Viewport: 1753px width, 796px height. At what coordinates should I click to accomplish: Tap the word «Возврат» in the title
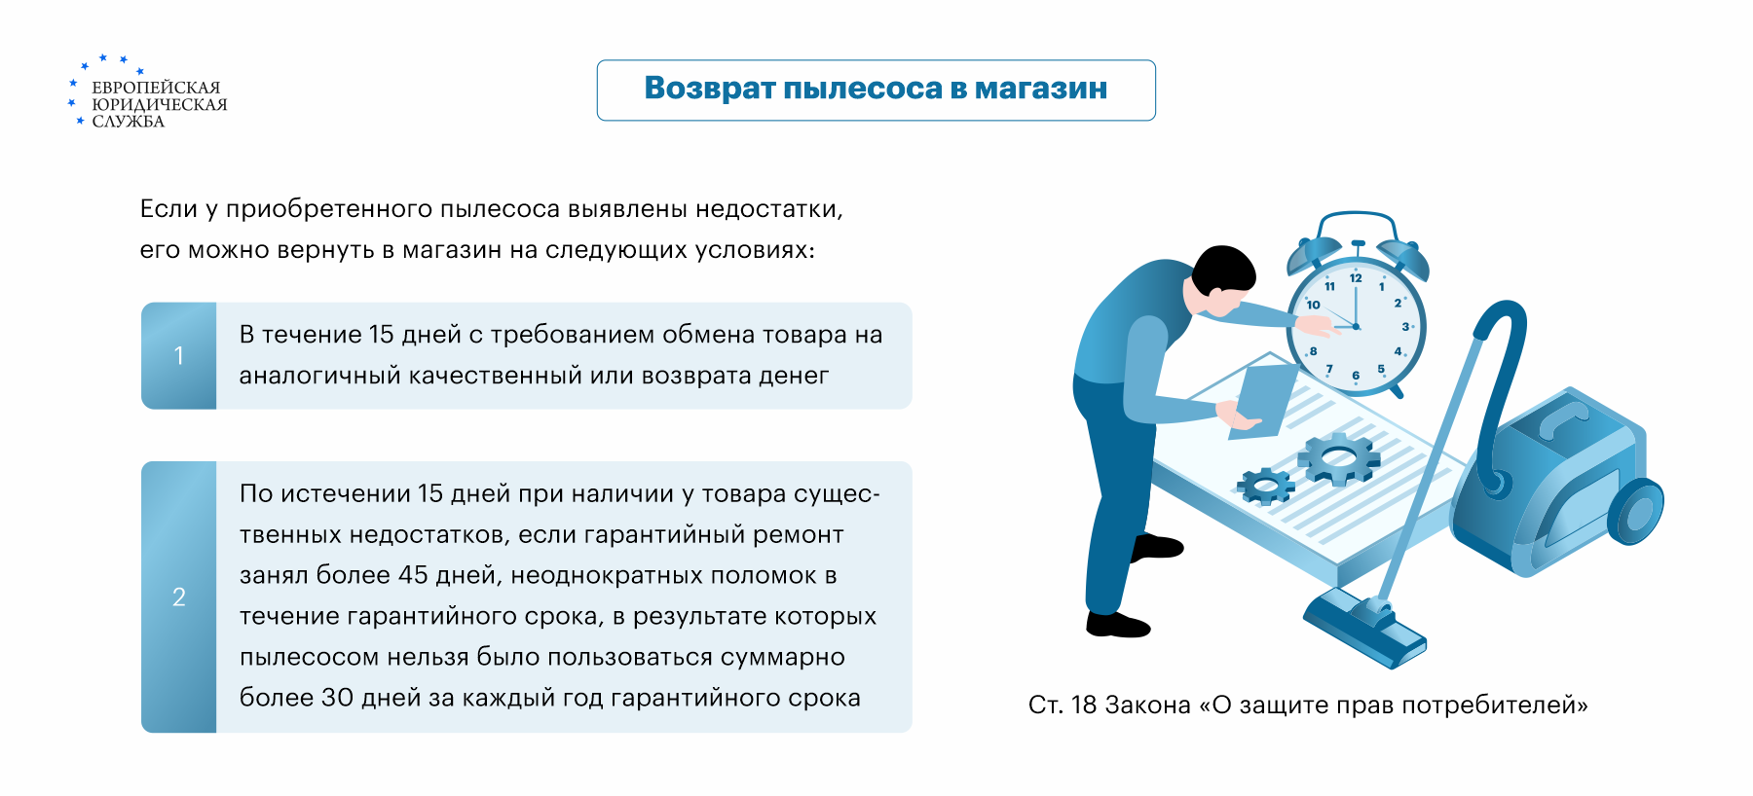point(709,88)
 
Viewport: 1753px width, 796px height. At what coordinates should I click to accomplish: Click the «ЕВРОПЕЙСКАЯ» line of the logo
point(156,88)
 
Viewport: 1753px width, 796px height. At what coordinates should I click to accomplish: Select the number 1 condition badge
point(179,355)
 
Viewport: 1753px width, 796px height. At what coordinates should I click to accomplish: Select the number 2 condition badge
point(179,597)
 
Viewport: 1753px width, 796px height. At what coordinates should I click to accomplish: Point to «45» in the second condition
point(413,575)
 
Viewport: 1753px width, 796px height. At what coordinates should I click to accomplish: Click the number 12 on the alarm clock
point(1356,278)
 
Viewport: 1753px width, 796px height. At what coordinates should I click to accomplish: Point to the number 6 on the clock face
point(1356,376)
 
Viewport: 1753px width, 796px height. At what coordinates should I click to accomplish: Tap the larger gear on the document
point(1338,459)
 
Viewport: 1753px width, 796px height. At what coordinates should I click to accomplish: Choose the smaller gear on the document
point(1265,485)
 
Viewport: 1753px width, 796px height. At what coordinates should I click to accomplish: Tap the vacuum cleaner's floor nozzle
point(1364,628)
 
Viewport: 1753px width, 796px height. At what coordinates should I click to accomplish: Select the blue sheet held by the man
point(1263,400)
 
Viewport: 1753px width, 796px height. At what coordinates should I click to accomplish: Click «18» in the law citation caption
point(1084,705)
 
